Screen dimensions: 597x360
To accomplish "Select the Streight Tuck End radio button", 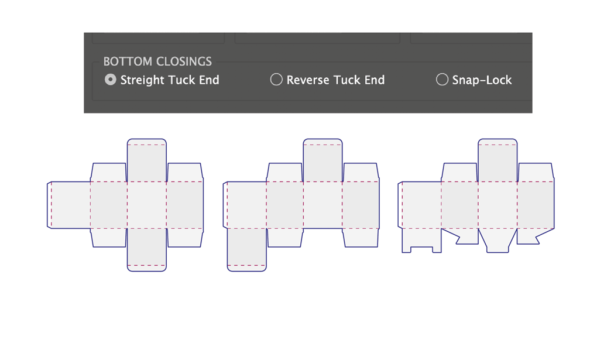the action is point(111,80).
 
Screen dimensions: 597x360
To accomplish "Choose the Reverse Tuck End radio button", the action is point(276,80).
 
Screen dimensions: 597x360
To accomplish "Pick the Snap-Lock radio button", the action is point(442,80).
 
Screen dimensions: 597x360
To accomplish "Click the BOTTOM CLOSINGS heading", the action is point(157,61).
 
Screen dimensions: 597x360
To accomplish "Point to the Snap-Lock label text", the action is point(482,80).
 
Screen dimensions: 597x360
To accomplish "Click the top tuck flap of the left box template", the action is point(146,160).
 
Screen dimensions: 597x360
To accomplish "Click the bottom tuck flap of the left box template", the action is point(146,250).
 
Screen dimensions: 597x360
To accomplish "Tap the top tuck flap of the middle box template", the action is point(323,160).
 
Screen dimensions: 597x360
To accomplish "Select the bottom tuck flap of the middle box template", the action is point(247,250).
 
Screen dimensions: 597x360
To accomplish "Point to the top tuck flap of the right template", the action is point(497,160).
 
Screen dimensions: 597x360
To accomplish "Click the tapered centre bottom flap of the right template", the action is point(497,240).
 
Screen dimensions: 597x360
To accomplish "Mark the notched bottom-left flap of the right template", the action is point(421,239).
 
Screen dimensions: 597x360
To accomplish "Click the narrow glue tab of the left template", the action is point(49,205).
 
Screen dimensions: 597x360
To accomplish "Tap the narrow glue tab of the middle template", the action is point(225,205).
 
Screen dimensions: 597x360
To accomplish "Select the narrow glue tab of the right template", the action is point(400,205).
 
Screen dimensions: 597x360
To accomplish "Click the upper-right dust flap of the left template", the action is point(184,173).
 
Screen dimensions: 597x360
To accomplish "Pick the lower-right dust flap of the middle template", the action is point(361,238).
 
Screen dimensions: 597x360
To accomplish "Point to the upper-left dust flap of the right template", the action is point(459,173).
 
